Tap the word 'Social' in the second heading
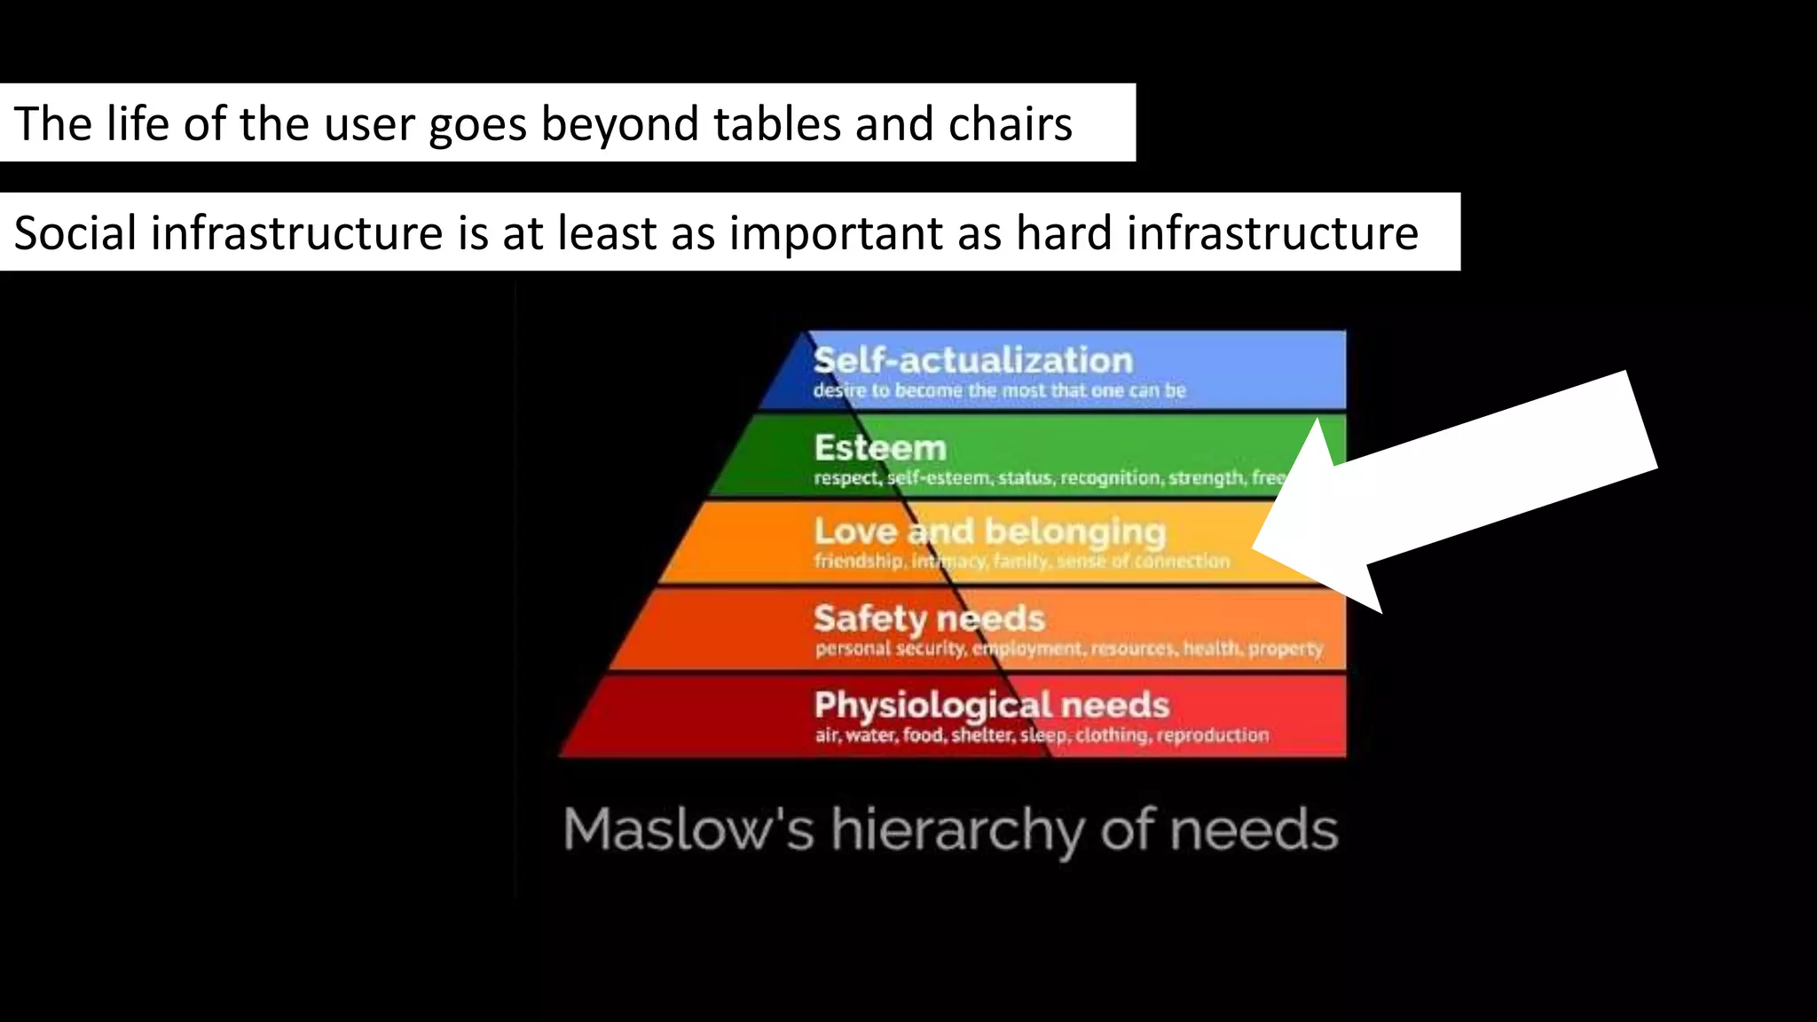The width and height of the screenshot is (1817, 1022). tap(75, 233)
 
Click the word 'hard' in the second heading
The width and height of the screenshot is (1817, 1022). tap(1064, 233)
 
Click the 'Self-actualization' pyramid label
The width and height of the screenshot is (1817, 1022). tap(973, 361)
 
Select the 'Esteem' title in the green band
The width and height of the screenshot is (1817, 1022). tap(880, 448)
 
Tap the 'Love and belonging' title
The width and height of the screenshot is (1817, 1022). tap(989, 532)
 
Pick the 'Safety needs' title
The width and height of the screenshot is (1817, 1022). tap(929, 618)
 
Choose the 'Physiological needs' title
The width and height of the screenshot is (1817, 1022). tap(992, 705)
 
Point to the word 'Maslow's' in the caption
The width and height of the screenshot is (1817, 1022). tap(688, 830)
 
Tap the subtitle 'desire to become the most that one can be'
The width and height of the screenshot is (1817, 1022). tap(999, 390)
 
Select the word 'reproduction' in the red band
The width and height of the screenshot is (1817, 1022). tap(1212, 735)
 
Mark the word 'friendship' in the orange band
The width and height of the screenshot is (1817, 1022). tap(858, 562)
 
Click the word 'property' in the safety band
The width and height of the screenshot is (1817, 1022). tap(1286, 649)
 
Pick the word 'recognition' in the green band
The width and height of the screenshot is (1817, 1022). tap(1110, 478)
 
